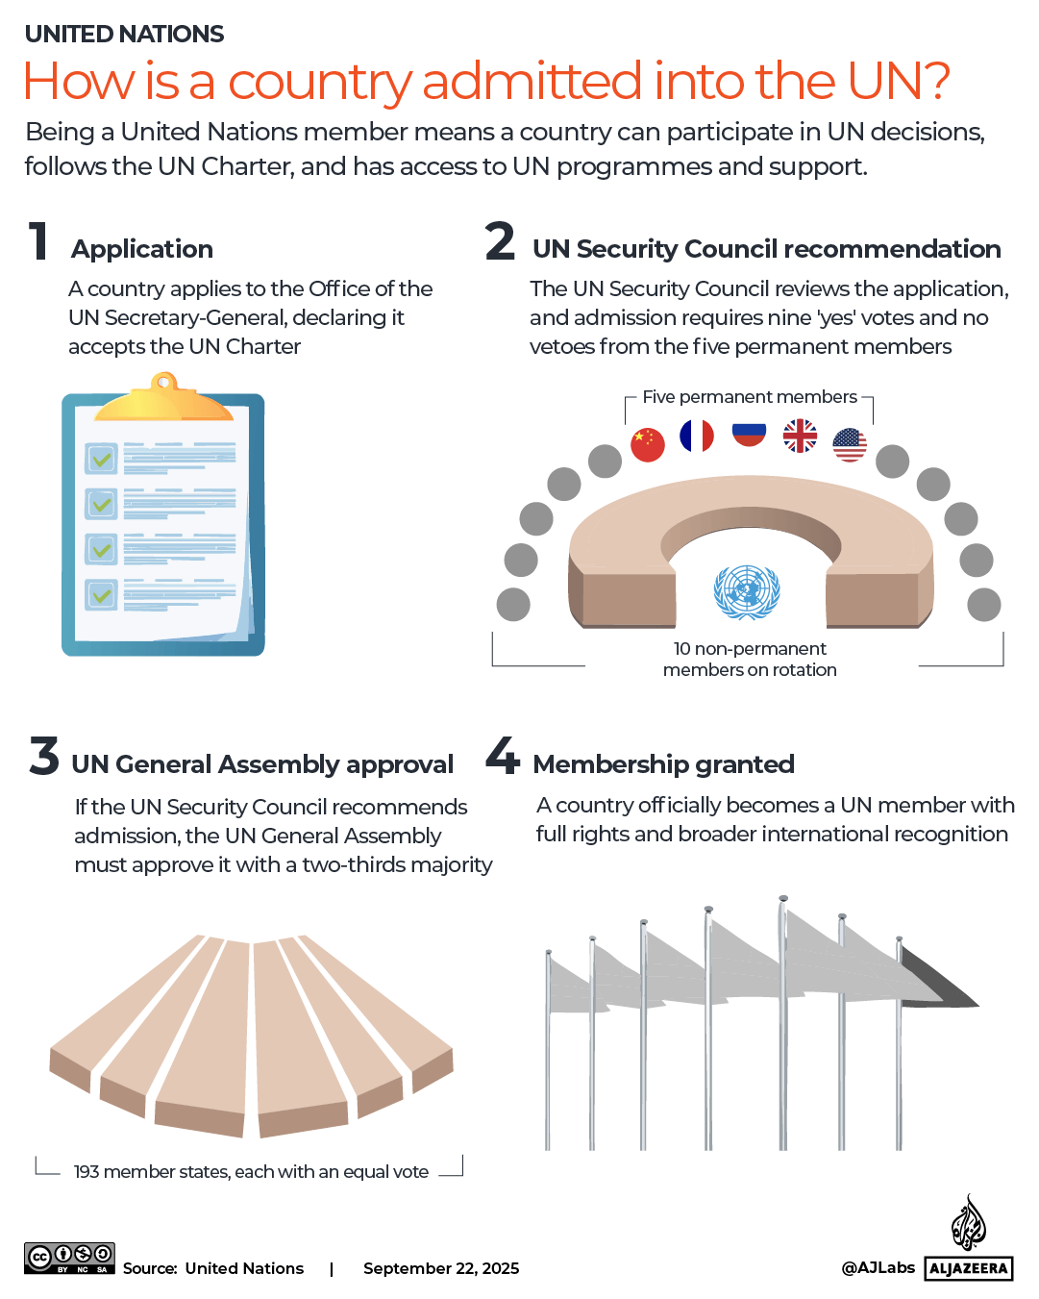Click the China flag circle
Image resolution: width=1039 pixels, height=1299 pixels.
tap(648, 444)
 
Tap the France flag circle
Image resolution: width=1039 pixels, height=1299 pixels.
tap(697, 436)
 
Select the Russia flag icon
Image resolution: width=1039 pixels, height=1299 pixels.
tap(749, 434)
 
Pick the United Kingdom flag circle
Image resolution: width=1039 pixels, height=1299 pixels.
tap(800, 436)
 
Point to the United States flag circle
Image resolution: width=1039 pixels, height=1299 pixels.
tap(850, 444)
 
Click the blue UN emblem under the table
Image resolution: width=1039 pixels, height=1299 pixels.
tap(747, 591)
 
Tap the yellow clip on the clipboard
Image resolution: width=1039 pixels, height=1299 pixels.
tap(164, 399)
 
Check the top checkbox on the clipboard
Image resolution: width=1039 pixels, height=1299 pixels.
tap(101, 459)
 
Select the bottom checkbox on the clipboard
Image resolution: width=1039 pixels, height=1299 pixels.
tap(101, 595)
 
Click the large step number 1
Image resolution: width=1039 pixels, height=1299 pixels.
tap(38, 241)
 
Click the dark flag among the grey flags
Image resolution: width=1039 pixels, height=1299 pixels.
tap(937, 979)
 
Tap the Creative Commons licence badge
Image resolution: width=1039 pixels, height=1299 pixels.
tap(69, 1258)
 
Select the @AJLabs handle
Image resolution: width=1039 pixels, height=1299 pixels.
tap(878, 1267)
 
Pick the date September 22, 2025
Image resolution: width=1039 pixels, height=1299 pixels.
tap(441, 1268)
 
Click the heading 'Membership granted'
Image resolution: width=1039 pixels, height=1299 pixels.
tap(663, 764)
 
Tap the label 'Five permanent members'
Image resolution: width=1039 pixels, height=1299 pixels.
tap(750, 397)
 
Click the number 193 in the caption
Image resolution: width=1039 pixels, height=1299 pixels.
tap(87, 1172)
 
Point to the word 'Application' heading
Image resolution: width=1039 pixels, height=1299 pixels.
tap(142, 249)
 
